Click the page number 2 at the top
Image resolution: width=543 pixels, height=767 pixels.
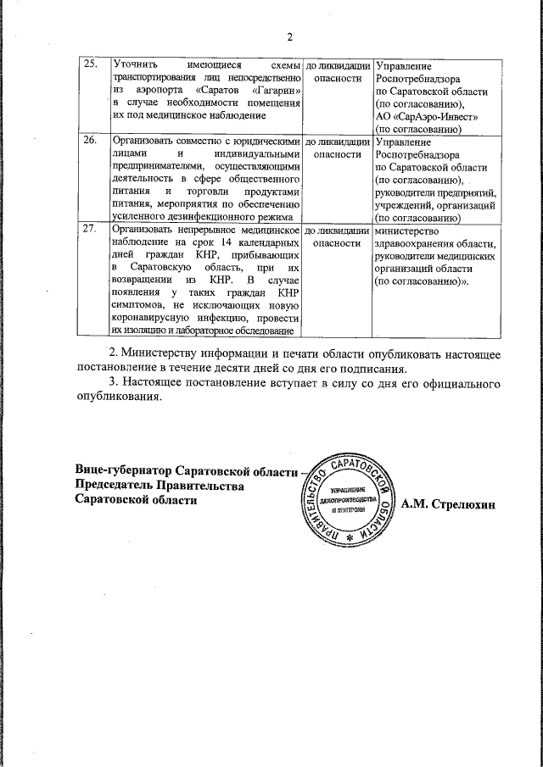coord(289,36)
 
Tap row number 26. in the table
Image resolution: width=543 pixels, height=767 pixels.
coord(91,142)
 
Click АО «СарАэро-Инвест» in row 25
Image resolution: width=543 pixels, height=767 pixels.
coord(428,116)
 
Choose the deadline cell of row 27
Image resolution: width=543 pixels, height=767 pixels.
coord(337,236)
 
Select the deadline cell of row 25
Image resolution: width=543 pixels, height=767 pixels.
coord(337,71)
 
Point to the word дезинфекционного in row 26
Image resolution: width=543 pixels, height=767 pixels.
coord(205,217)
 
